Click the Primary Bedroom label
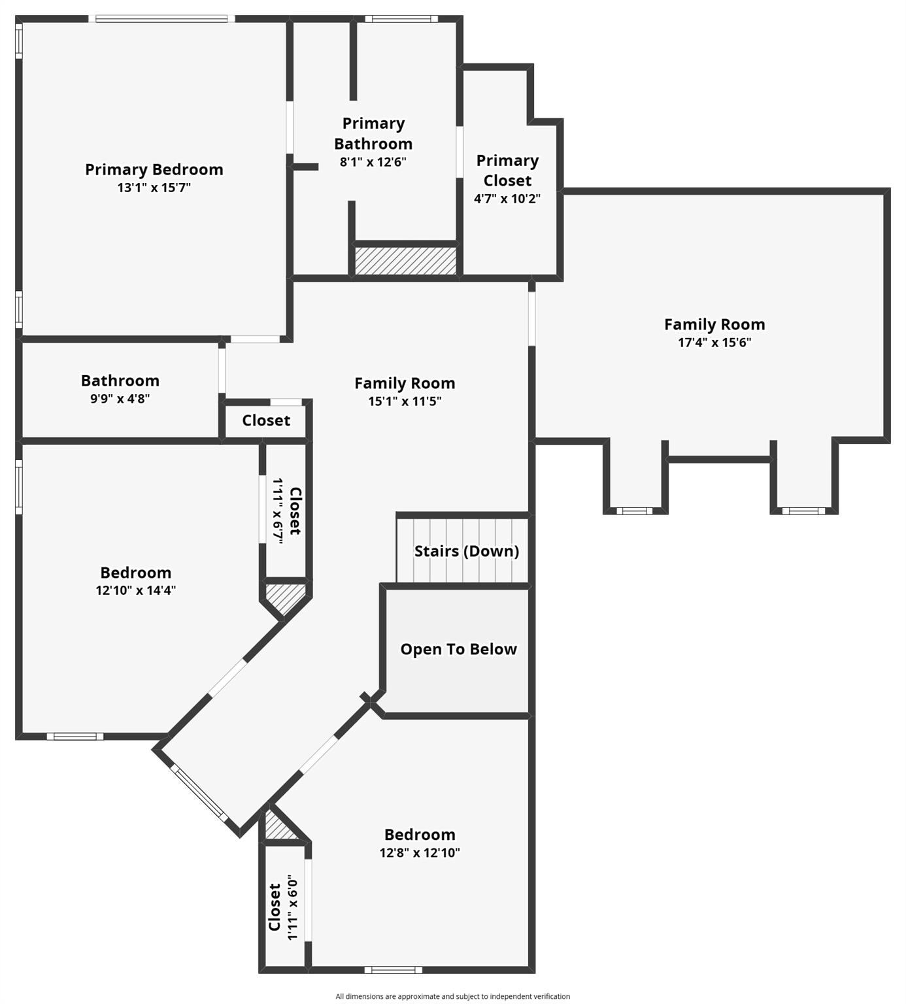154,169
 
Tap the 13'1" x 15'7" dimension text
154,188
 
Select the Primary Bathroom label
373,133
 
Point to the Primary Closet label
507,170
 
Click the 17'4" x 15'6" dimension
714,342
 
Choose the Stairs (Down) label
467,551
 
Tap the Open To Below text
458,649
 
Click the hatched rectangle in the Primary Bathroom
405,260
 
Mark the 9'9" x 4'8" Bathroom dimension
120,398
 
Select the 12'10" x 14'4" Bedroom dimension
136,590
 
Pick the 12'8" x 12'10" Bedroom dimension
420,852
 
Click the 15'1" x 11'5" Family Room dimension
405,401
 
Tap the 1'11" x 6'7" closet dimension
278,510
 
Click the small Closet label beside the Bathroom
266,420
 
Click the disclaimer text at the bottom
452,996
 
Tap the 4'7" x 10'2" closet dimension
507,199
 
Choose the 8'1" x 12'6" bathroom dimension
373,162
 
